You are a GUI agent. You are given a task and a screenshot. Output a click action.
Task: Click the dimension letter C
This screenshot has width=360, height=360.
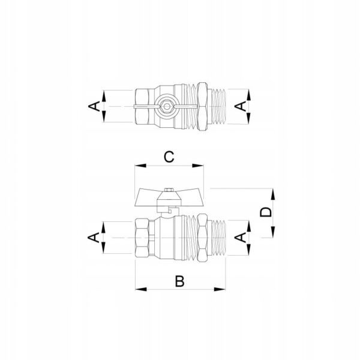pos(169,157)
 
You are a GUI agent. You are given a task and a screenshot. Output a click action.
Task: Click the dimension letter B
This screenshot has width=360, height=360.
pos(179,281)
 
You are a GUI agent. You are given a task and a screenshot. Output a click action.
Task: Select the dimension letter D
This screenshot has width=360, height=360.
pos(266,212)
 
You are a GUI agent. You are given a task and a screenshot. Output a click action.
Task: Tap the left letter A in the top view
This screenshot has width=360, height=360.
pos(94,106)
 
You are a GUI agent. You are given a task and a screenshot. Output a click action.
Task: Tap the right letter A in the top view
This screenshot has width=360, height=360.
pos(241,106)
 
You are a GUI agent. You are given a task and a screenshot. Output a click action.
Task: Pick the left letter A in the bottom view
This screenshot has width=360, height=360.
pos(94,238)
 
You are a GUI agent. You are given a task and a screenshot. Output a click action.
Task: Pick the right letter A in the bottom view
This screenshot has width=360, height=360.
pos(241,238)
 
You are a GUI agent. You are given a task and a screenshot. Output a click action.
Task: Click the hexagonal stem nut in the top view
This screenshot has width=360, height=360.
pos(166,106)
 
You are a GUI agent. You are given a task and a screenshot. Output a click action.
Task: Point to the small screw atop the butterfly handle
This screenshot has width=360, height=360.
pos(169,190)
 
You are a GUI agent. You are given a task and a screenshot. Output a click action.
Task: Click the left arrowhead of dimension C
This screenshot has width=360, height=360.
pos(140,166)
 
